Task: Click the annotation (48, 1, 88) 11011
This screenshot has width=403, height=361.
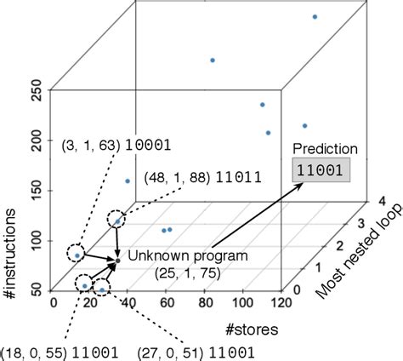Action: (x=206, y=180)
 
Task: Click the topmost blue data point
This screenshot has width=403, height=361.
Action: (x=315, y=16)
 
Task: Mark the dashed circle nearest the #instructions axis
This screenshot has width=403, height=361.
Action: (x=77, y=254)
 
